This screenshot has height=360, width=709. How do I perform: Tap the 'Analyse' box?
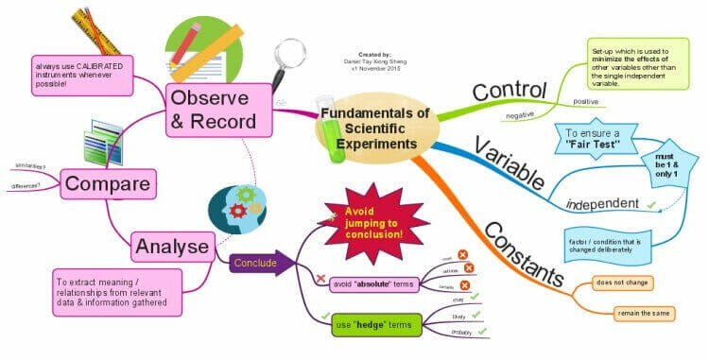pos(171,247)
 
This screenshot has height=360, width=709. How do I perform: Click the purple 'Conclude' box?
pos(255,263)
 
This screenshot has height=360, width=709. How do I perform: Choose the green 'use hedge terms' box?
pos(375,324)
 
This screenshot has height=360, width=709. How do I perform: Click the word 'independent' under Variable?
pos(598,203)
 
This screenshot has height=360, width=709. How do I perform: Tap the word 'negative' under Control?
pos(522,115)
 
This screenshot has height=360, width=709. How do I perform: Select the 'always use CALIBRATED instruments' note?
pos(82,73)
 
